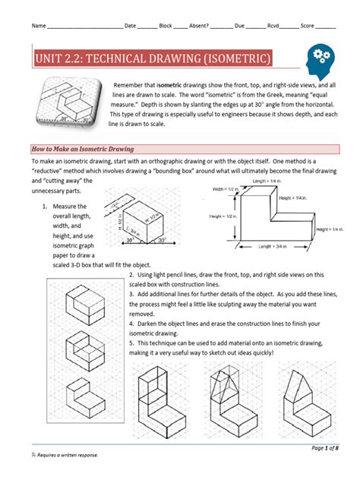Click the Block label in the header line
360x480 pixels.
pos(165,26)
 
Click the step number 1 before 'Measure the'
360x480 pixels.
pos(47,207)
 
